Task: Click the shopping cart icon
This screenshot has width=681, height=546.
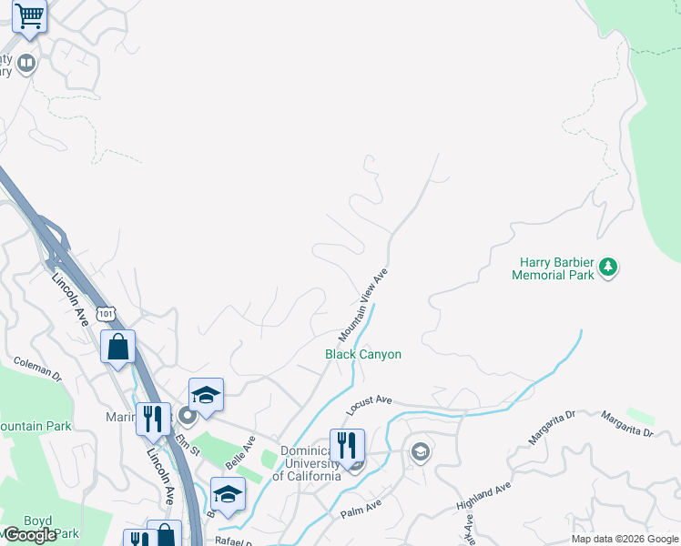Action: click(x=30, y=16)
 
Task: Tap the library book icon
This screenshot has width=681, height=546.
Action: click(x=26, y=63)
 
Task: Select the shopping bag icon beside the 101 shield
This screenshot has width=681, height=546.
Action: click(x=117, y=347)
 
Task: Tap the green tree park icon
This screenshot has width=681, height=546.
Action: click(x=608, y=268)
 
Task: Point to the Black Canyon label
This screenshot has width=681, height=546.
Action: click(x=363, y=354)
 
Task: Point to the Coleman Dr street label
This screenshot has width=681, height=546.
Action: click(x=36, y=368)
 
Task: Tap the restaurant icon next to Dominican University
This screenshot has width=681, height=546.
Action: click(x=347, y=446)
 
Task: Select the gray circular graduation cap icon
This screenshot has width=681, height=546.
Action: click(x=420, y=450)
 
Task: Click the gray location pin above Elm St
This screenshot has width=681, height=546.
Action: click(x=188, y=417)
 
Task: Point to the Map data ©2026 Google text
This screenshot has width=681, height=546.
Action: click(x=625, y=539)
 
